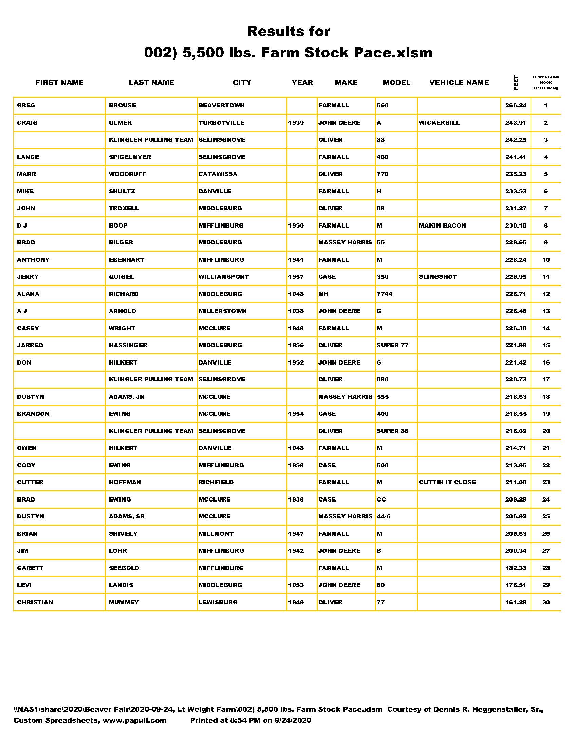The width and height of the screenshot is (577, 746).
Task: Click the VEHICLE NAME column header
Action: pos(459,83)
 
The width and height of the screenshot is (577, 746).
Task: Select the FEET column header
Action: pos(516,83)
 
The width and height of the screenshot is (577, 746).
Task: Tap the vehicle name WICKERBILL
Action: pos(439,123)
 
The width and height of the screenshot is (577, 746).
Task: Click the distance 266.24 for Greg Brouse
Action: pos(516,105)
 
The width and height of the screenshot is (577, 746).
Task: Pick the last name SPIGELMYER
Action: pos(130,157)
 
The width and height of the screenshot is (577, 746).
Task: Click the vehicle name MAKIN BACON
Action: pos(442,225)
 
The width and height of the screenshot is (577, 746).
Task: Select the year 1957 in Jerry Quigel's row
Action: pos(296,277)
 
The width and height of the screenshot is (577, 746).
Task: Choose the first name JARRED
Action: pos(30,345)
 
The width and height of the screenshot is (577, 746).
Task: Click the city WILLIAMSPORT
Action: pos(224,277)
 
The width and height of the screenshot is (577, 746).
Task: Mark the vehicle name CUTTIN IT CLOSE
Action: pos(447,482)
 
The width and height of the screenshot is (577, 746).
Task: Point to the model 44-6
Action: pos(384,516)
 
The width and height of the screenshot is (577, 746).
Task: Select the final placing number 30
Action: pos(546,602)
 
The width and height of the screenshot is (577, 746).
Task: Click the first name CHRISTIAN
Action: pos(35,602)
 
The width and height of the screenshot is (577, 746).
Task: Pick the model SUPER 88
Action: pos(392,431)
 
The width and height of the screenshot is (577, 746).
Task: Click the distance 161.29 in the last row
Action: pos(516,602)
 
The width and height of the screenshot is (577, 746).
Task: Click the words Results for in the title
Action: pos(288,32)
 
